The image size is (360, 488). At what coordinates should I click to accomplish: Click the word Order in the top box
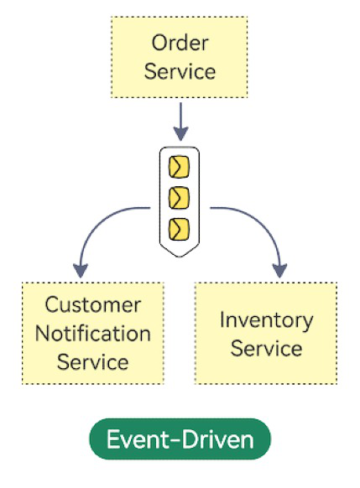coord(180,43)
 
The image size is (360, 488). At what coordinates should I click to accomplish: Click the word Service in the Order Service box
coord(180,71)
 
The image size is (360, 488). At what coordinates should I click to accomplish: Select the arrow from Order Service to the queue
coord(180,122)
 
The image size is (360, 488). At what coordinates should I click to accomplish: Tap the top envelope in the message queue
coord(179,167)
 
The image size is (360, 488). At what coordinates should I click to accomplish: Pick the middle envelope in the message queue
coord(179,198)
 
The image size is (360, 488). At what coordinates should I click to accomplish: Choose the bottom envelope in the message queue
coord(179,230)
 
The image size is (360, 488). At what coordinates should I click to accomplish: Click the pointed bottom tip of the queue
coord(180,257)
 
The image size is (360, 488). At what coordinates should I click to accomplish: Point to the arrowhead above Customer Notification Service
coord(81,271)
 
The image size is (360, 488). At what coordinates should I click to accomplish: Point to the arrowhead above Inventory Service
coord(279,271)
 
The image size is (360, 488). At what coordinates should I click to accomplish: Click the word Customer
coord(93,304)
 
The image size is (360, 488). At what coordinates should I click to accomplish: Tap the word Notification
coord(93,334)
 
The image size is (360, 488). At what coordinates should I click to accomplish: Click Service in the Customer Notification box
coord(93,362)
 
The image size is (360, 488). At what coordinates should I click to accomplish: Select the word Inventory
coord(266,320)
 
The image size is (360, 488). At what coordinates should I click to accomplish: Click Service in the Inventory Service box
coord(266,348)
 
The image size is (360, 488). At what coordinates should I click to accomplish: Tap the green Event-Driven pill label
coord(180,439)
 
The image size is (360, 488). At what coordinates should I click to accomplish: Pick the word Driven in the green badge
coord(217,439)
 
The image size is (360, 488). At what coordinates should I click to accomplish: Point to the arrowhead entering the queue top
coord(180,134)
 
